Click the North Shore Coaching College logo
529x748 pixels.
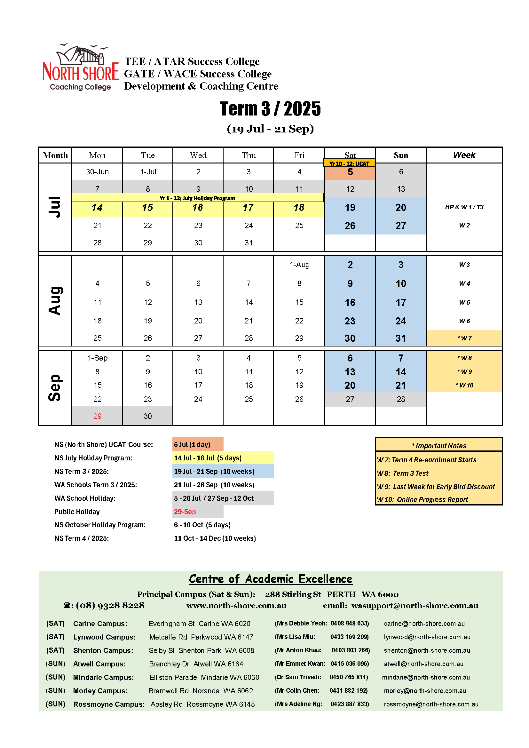tap(81, 68)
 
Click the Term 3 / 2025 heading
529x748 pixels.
tap(270, 108)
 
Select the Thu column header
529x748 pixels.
tap(249, 155)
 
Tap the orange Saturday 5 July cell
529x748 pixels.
tap(350, 172)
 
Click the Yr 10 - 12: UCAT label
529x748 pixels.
tap(349, 163)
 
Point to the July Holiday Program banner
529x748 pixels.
tap(197, 198)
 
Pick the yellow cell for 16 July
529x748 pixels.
tap(198, 208)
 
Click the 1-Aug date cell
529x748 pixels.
tap(299, 265)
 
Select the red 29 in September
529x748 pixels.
tap(98, 416)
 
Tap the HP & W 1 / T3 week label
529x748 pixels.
tap(464, 207)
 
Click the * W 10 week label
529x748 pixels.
tap(464, 386)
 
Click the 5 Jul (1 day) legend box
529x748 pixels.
tap(197, 444)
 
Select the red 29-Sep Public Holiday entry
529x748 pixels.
tap(185, 512)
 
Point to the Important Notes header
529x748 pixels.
tap(438, 445)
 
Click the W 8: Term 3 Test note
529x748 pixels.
tap(403, 473)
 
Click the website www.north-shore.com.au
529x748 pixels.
tap(236, 606)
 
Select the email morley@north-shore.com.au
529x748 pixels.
tap(425, 691)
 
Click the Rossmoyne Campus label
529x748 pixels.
tap(109, 704)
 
